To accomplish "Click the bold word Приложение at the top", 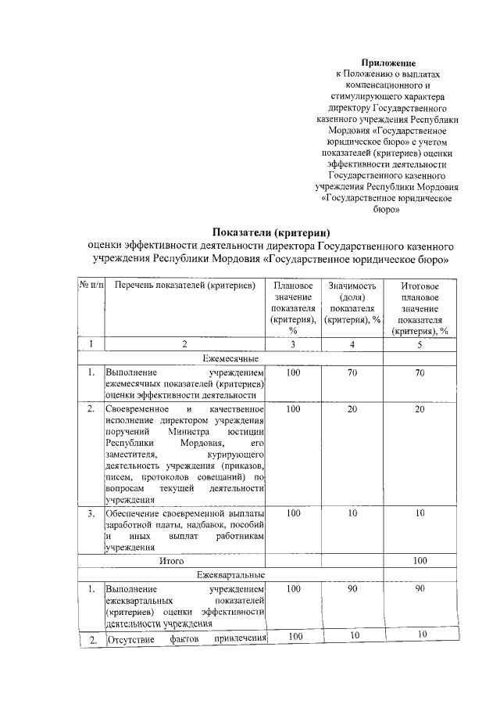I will coord(387,62).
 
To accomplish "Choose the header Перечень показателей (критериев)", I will coord(184,286).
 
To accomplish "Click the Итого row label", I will coord(171,561).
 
